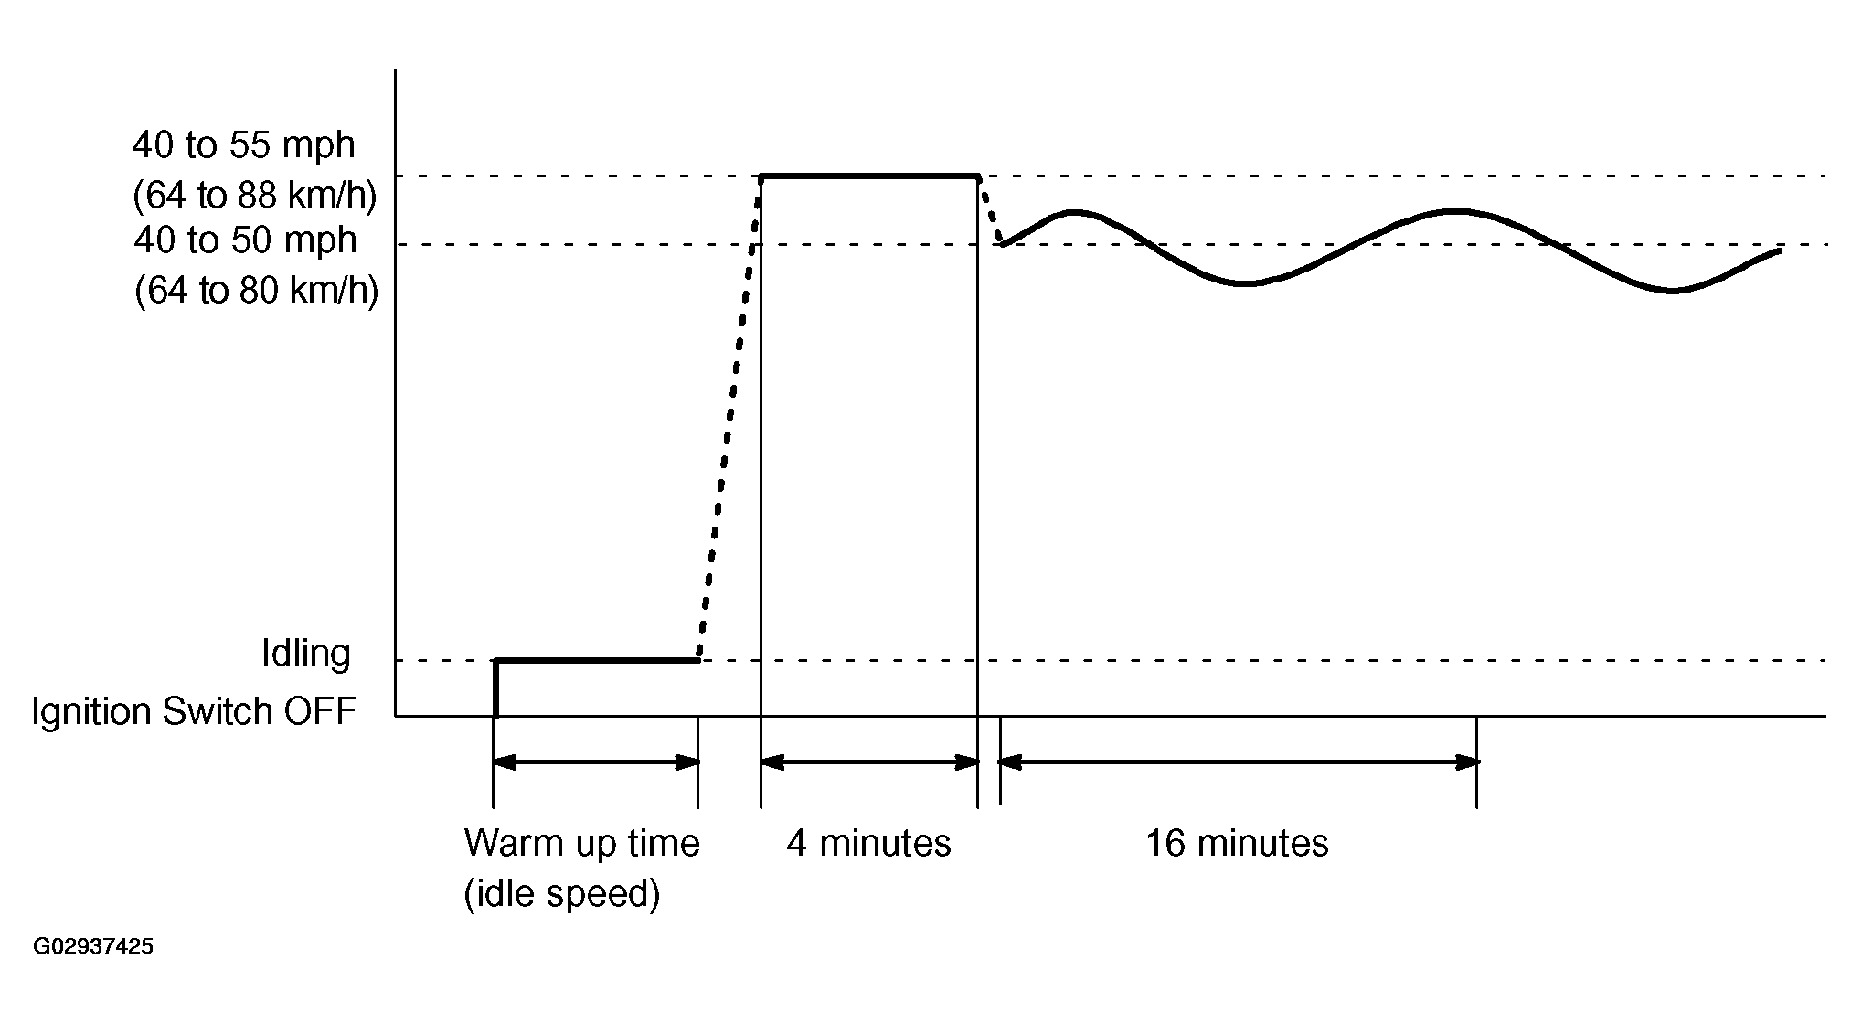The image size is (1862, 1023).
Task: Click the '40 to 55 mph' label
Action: pos(243,145)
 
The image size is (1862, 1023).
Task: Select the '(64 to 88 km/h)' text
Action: pos(255,196)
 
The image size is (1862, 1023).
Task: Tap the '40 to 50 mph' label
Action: pos(245,240)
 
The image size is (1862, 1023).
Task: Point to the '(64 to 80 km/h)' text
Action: pos(256,291)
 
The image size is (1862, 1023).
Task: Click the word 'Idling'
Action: pos(306,654)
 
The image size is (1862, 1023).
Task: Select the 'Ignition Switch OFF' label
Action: pos(194,711)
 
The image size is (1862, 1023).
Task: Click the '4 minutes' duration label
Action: pos(868,843)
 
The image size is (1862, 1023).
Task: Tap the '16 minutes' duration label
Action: pos(1237,843)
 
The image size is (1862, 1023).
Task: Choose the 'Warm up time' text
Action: pos(581,843)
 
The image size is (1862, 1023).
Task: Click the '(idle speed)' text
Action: pos(562,893)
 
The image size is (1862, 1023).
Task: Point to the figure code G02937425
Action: pos(93,946)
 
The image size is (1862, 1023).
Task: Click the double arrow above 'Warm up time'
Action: pos(596,762)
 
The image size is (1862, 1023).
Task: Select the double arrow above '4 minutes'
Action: pos(869,762)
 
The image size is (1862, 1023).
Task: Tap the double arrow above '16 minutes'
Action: pos(1239,762)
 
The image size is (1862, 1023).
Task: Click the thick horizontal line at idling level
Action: pos(596,659)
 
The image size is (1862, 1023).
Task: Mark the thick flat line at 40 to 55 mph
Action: pos(869,175)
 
